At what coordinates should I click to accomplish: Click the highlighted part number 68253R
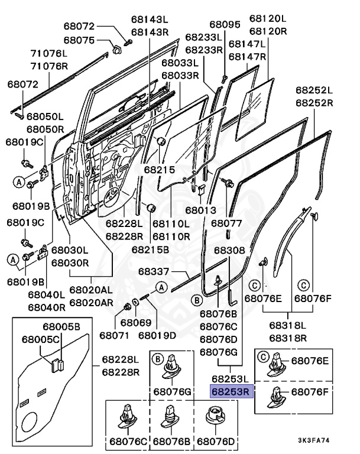coord(231,391)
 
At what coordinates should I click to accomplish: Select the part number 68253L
coord(231,379)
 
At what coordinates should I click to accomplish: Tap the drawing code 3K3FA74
coord(314,440)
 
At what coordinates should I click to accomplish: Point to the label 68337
coord(154,271)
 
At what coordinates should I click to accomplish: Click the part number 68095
coord(225,25)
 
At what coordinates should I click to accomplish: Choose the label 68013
coord(201,210)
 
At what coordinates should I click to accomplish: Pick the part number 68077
coord(226,223)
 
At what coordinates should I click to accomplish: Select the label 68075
coord(79,40)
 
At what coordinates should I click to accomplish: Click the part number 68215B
coord(150,249)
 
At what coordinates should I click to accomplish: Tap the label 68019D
coord(157,335)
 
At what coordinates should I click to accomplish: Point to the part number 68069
coord(136,323)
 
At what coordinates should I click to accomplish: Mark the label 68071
coord(114,335)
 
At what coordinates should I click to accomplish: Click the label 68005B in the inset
coord(61,326)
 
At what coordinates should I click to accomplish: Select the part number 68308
coord(230,250)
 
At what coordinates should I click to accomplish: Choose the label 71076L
coord(49,53)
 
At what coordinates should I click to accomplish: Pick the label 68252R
coord(314,103)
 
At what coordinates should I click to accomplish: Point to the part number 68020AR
coord(91,303)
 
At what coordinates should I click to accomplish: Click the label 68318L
coord(288,325)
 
